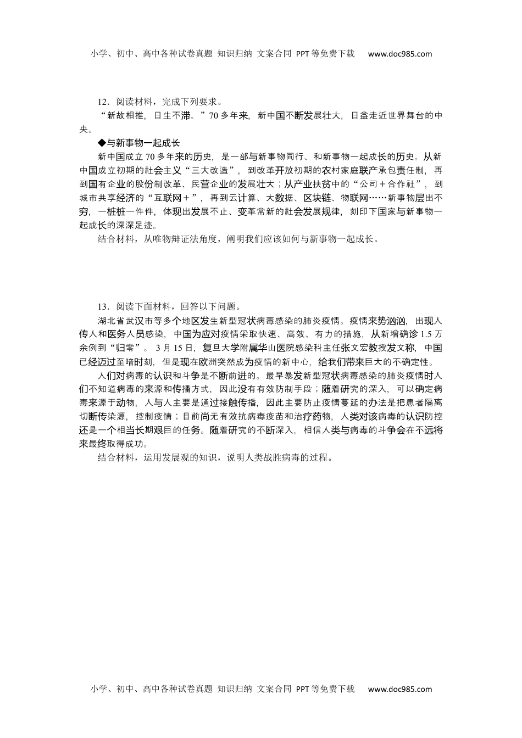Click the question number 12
[x=102, y=102]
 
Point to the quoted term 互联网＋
[x=179, y=198]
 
